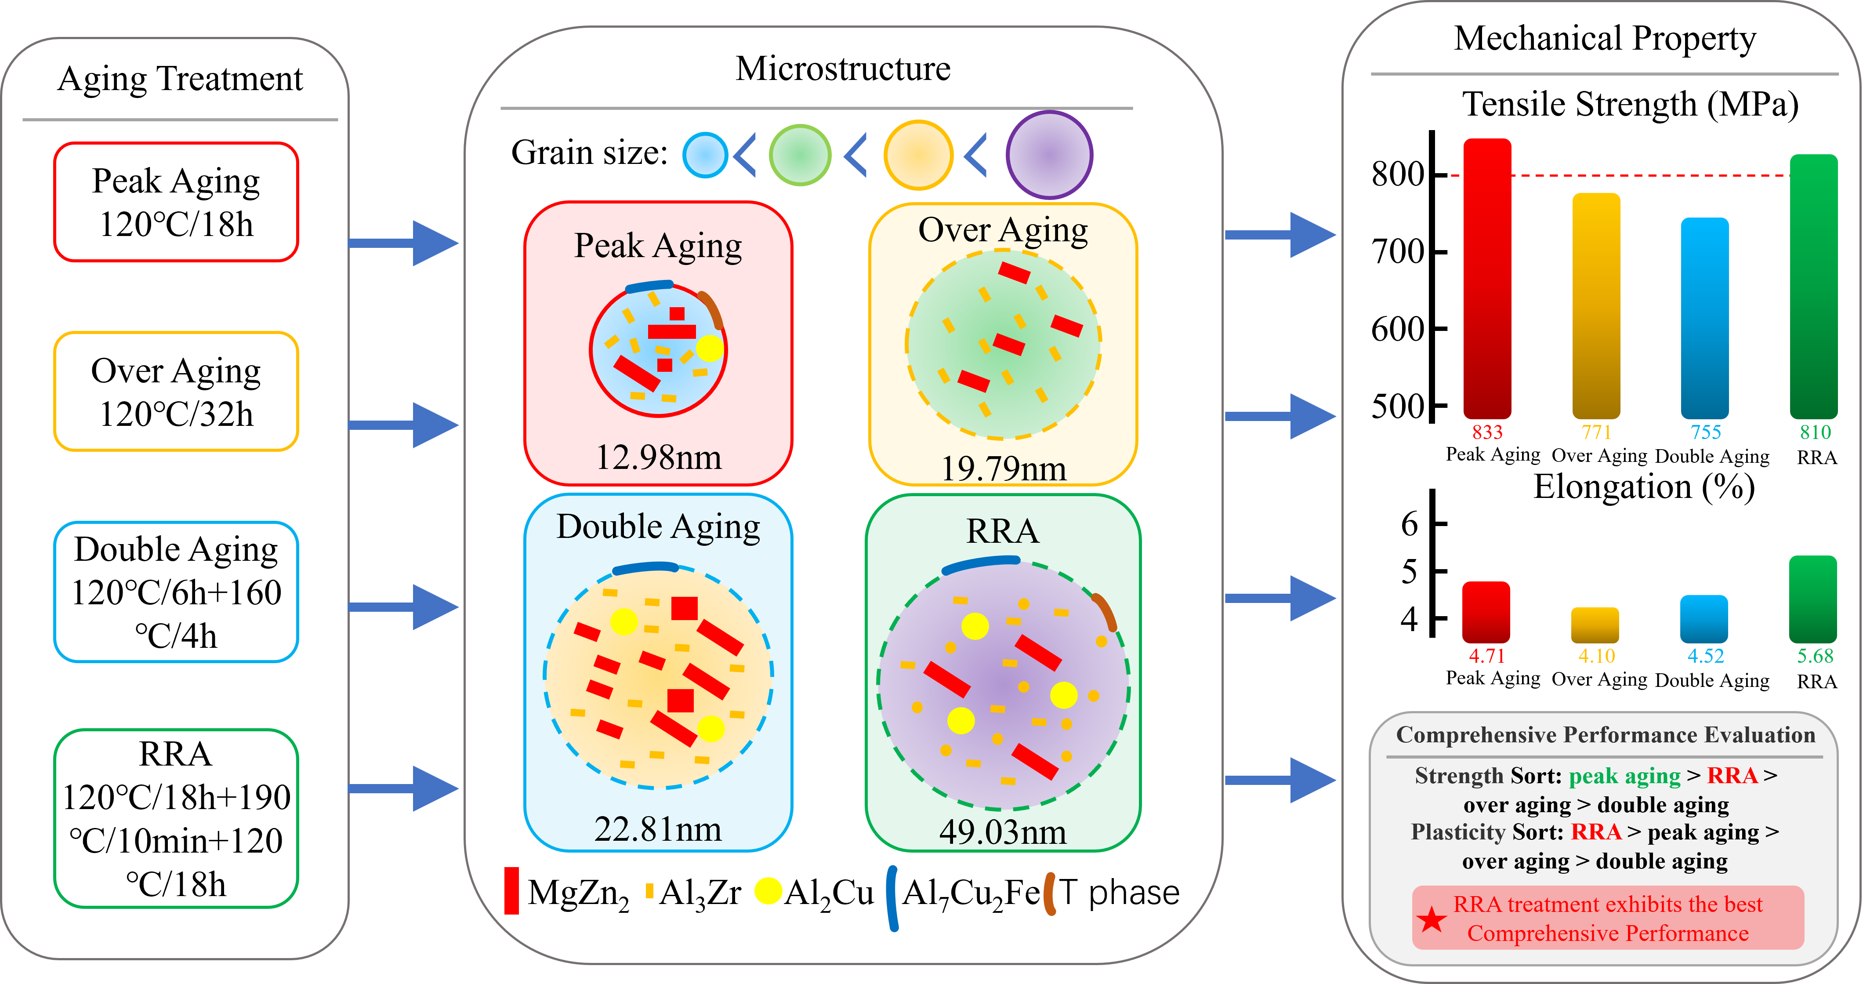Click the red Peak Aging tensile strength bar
tap(1487, 279)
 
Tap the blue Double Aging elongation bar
tap(1704, 619)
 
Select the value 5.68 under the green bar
tap(1815, 656)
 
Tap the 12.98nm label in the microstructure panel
tap(658, 457)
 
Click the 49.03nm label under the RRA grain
tap(1002, 832)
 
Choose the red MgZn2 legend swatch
tap(511, 891)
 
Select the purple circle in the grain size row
tap(1049, 155)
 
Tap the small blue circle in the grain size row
tap(705, 155)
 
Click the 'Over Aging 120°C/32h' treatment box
tap(177, 392)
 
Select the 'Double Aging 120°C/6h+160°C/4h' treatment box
tap(177, 592)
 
